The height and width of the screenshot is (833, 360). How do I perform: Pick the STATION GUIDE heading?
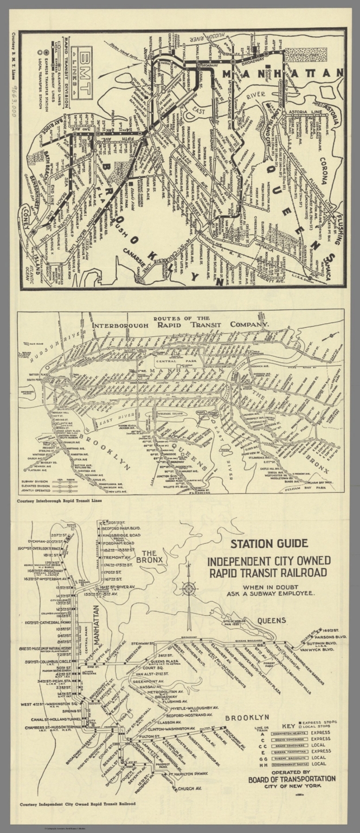[269, 543]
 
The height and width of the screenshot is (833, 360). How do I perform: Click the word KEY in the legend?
[288, 726]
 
